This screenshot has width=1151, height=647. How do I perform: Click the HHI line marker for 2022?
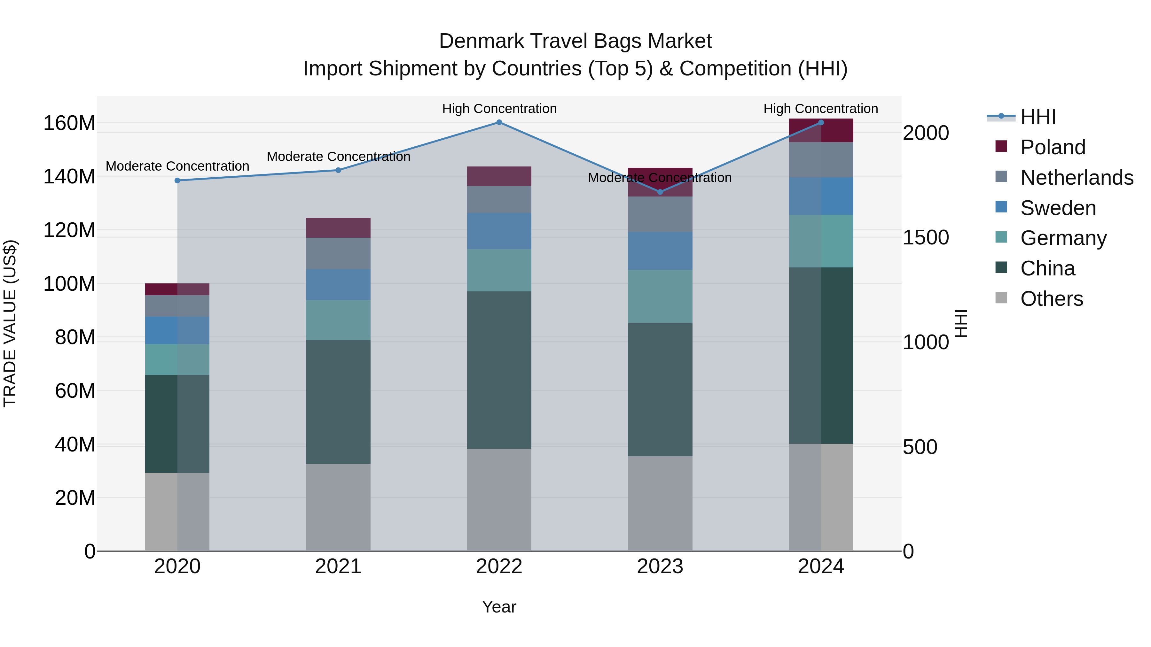tap(499, 122)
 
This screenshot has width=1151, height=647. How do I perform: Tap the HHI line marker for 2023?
tap(660, 192)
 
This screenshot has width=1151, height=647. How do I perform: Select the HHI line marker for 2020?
tap(177, 181)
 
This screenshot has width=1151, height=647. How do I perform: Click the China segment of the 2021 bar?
tap(338, 402)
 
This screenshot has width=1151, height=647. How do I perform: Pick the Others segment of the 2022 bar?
tap(499, 500)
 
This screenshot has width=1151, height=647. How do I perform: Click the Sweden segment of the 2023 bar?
tap(660, 251)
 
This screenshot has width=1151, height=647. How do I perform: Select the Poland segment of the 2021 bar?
tap(338, 228)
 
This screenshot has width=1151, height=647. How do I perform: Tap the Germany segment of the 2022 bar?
tap(499, 270)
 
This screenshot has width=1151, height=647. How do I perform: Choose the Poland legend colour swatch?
tap(1001, 146)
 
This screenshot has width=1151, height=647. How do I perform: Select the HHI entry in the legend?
tap(1038, 117)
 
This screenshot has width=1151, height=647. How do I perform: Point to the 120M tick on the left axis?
tap(69, 230)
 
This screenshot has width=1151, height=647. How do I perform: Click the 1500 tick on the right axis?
tap(925, 237)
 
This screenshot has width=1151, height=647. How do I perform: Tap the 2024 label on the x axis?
tap(821, 566)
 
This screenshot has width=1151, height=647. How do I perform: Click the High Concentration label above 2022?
tap(499, 109)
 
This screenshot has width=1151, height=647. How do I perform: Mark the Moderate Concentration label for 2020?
tap(177, 166)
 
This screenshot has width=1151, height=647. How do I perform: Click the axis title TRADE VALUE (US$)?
tap(10, 323)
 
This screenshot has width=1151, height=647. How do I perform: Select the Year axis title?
tap(499, 607)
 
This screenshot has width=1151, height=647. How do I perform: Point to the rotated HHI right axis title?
tap(961, 323)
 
